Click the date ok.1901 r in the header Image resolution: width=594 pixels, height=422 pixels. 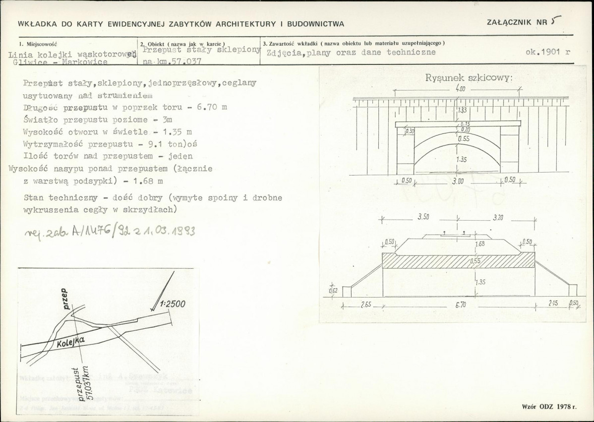click(x=548, y=52)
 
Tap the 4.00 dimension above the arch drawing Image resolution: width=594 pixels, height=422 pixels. click(x=461, y=90)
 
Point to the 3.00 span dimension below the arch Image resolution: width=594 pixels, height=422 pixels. click(x=458, y=182)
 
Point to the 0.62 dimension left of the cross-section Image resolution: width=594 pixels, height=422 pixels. click(x=333, y=291)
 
